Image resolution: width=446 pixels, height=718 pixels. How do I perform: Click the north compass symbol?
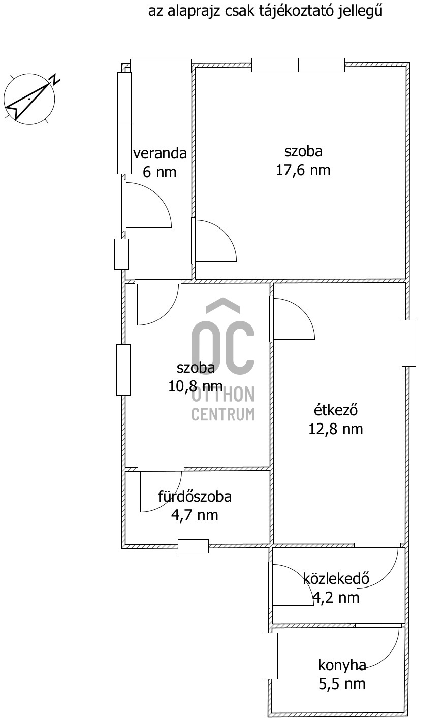(x=29, y=99)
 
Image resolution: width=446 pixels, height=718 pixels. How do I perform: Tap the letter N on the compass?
(x=55, y=80)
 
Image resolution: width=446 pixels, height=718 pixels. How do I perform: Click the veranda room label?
(x=160, y=153)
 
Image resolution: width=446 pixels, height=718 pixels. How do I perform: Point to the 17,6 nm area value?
(x=303, y=170)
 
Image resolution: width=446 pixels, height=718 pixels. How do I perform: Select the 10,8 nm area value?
(x=195, y=386)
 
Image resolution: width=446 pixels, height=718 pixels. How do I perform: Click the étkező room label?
(x=335, y=410)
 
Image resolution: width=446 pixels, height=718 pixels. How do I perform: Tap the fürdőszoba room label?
(x=195, y=497)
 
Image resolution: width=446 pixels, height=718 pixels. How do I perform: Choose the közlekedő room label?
(x=336, y=579)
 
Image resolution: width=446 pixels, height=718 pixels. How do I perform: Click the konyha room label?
(x=342, y=665)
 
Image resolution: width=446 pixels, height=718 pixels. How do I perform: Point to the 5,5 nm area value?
(x=342, y=684)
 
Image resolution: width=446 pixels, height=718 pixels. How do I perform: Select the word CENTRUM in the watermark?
(x=223, y=414)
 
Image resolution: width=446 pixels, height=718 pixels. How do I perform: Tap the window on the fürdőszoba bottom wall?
(x=193, y=546)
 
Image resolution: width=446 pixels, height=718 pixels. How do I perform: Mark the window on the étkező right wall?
(x=409, y=343)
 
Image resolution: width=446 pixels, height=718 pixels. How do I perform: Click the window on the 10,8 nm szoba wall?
(x=123, y=370)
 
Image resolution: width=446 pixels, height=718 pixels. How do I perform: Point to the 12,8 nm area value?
(x=335, y=429)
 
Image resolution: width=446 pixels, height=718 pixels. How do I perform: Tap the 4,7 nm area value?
(x=195, y=515)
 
